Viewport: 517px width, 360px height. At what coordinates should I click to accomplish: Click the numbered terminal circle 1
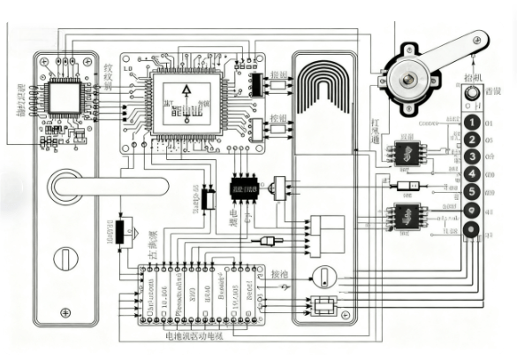(474, 122)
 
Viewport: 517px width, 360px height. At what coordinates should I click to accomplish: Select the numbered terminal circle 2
(474, 140)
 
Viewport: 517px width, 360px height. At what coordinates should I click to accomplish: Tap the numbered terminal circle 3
(474, 157)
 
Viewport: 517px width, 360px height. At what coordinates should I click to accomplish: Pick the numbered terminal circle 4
(474, 173)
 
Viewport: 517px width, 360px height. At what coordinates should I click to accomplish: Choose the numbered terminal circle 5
(474, 191)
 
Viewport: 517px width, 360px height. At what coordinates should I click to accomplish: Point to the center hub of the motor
(409, 80)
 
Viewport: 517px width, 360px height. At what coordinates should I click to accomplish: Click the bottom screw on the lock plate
(64, 311)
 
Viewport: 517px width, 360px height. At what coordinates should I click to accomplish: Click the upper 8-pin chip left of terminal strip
(407, 154)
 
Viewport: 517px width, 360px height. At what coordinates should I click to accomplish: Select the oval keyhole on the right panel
(323, 275)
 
